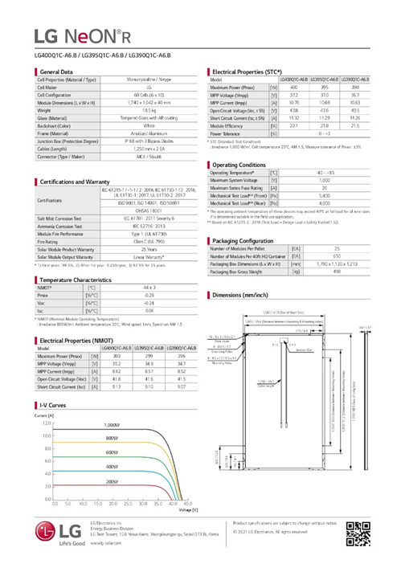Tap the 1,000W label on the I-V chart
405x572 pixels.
[x=110, y=423]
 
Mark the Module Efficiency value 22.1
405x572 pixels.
[x=293, y=125]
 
